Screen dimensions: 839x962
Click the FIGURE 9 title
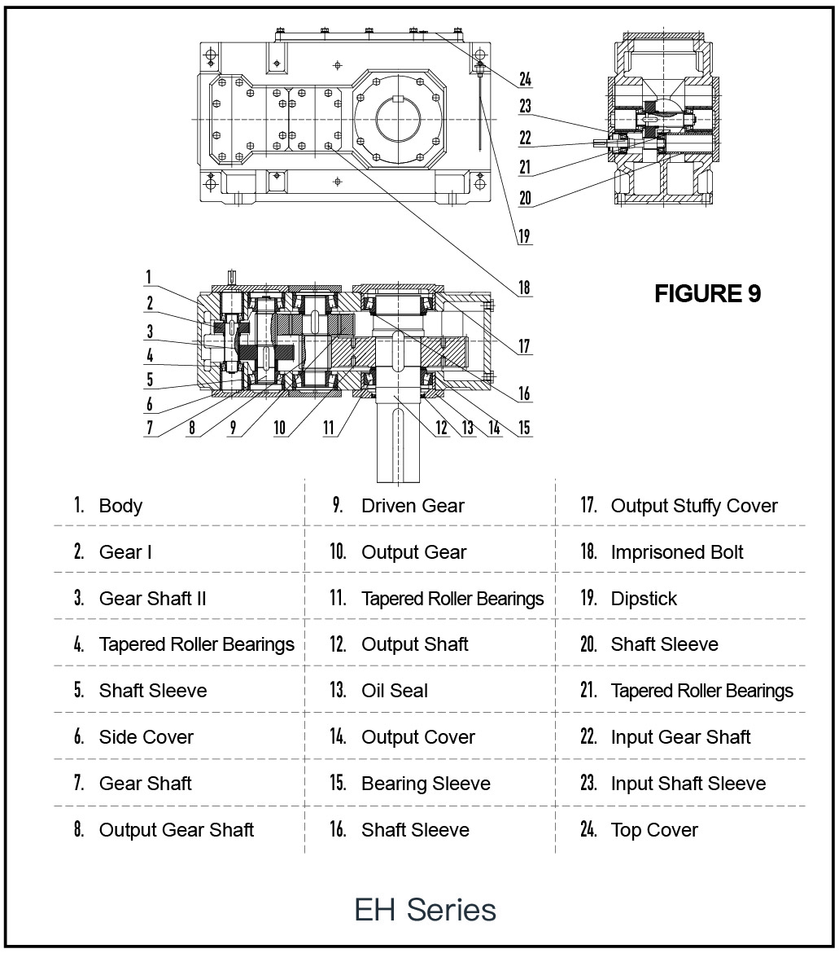click(x=707, y=294)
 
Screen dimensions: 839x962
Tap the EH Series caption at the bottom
click(x=425, y=909)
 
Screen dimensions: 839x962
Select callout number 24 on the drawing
click(x=525, y=79)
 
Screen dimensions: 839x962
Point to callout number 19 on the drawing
click(x=524, y=236)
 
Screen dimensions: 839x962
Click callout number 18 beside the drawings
click(x=524, y=288)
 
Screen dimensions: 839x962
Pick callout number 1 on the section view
click(x=148, y=277)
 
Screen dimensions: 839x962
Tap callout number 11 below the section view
click(x=329, y=428)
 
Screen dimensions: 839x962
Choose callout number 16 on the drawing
click(x=524, y=393)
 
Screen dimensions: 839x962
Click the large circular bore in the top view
click(x=399, y=118)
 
